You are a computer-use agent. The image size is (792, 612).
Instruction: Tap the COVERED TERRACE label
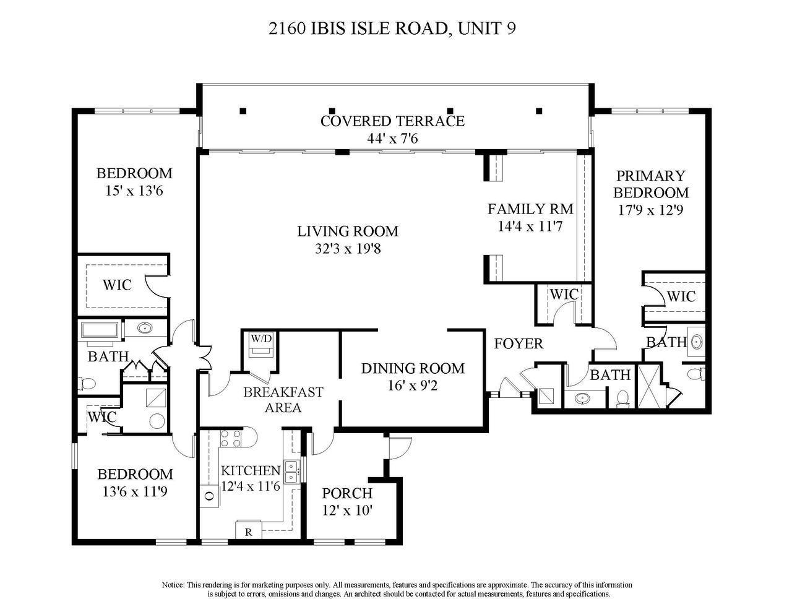tap(392, 121)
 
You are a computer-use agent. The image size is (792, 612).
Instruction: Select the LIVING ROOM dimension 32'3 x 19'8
tap(348, 249)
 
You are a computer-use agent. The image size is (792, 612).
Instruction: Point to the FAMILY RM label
tap(530, 209)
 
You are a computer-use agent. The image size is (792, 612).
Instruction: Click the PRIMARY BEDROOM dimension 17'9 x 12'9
tap(650, 210)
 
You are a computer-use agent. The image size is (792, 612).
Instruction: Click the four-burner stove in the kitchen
tap(231, 439)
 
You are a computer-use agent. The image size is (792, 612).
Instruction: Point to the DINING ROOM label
tap(413, 369)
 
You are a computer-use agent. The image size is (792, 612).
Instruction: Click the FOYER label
tap(519, 343)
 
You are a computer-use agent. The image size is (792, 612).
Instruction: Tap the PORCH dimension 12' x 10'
tap(347, 511)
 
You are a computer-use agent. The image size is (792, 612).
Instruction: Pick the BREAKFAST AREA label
tap(283, 400)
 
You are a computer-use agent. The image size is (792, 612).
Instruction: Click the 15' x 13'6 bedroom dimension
tap(134, 191)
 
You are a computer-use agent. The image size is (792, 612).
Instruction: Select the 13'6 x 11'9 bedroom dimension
tap(135, 492)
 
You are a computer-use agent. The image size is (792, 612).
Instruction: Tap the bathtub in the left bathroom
tap(100, 330)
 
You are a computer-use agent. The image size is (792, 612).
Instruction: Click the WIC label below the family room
tap(564, 294)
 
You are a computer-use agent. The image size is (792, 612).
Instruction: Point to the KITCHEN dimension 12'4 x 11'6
tap(251, 486)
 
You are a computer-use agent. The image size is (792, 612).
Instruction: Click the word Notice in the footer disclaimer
tap(173, 585)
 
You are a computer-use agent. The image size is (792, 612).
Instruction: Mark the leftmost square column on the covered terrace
tap(243, 111)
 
